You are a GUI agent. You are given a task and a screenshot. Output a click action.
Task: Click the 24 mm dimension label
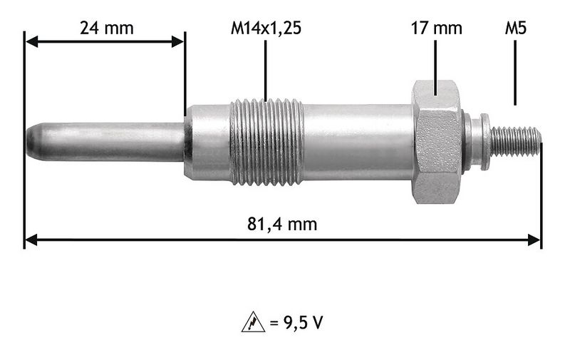[x=106, y=28]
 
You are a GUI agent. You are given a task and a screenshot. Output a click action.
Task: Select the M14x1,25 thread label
[x=266, y=28]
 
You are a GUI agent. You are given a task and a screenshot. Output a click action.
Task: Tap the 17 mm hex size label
[x=436, y=28]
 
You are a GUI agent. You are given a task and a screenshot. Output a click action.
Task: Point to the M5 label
[x=515, y=28]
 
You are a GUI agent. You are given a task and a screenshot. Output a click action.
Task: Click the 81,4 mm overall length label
[x=282, y=224]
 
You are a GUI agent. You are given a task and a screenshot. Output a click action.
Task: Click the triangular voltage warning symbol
[x=254, y=322]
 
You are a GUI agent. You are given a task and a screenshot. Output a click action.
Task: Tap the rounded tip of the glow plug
[x=33, y=141]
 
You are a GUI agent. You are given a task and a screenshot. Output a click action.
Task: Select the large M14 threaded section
[x=266, y=141]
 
